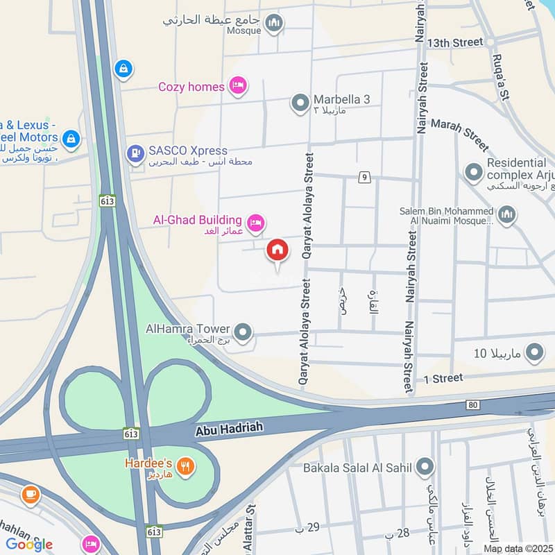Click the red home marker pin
coord(277,250)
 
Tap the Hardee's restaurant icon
coord(185,466)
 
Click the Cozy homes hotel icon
coord(238,86)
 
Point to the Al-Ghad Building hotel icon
coord(255,222)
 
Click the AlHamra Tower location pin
coord(243,332)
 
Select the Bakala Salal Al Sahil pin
coord(425,468)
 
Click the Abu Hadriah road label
coord(229,429)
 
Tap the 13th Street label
coord(455,42)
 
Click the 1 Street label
coord(443,378)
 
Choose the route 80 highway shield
coord(474,404)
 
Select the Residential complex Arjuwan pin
coord(474,171)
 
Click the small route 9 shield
coord(363,178)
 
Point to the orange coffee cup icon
coord(30,494)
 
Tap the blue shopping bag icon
coord(123,69)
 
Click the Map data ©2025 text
coord(518,548)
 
